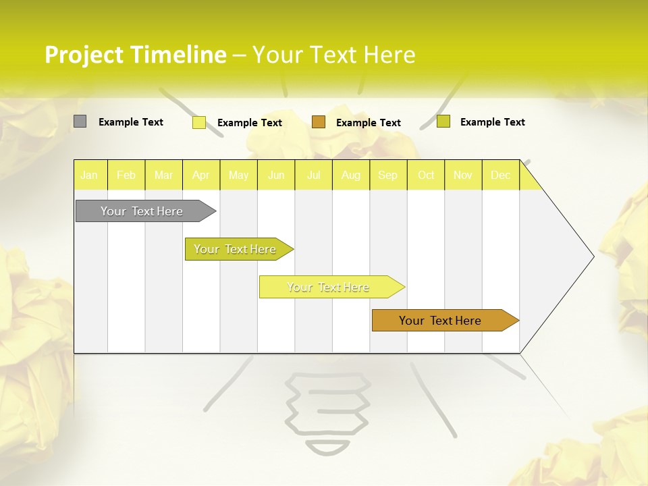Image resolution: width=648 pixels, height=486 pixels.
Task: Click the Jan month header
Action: [x=89, y=175]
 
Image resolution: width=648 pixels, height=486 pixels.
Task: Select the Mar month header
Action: [x=163, y=175]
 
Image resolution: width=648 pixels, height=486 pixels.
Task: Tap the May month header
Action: [x=238, y=175]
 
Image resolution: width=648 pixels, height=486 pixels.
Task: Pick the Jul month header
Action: [x=313, y=175]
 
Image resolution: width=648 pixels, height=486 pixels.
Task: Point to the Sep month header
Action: [x=387, y=175]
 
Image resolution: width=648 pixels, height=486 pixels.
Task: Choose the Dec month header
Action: [x=500, y=175]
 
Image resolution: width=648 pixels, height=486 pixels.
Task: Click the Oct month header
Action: [x=426, y=175]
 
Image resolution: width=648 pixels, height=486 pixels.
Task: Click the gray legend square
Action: [x=80, y=122]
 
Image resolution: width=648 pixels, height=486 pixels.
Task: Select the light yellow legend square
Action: [x=198, y=122]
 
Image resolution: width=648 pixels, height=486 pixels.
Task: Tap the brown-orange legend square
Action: [x=319, y=122]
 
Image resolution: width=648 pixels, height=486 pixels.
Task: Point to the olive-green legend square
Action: [x=443, y=122]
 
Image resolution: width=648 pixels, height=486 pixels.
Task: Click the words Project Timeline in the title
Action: [x=135, y=55]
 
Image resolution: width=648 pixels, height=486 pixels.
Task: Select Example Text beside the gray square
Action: [x=131, y=122]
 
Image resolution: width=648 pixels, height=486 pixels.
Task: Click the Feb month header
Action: [x=126, y=175]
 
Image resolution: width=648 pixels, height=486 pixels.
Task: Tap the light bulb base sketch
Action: [x=327, y=412]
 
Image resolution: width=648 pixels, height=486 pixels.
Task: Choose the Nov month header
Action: [x=463, y=175]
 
